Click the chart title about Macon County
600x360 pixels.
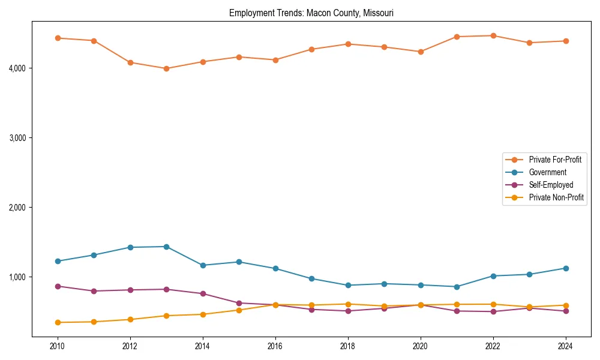click(x=311, y=13)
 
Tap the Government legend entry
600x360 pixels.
click(x=547, y=172)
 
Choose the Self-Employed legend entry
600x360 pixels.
click(x=551, y=185)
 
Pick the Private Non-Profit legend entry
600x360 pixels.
click(x=556, y=197)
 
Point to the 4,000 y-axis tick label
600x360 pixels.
click(x=17, y=68)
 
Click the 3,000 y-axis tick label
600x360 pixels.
click(x=17, y=138)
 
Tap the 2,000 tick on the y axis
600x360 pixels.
click(x=17, y=208)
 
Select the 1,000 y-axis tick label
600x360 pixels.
click(x=17, y=277)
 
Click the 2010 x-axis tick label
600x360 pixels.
click(x=58, y=346)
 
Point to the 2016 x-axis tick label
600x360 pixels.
click(x=275, y=346)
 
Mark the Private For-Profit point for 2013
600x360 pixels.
click(x=166, y=68)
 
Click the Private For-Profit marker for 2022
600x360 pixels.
click(x=493, y=35)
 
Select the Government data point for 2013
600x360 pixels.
click(x=166, y=247)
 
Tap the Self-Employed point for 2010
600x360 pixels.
click(x=58, y=286)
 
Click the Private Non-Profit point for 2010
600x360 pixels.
click(x=58, y=322)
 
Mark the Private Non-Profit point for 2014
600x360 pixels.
click(x=203, y=314)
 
